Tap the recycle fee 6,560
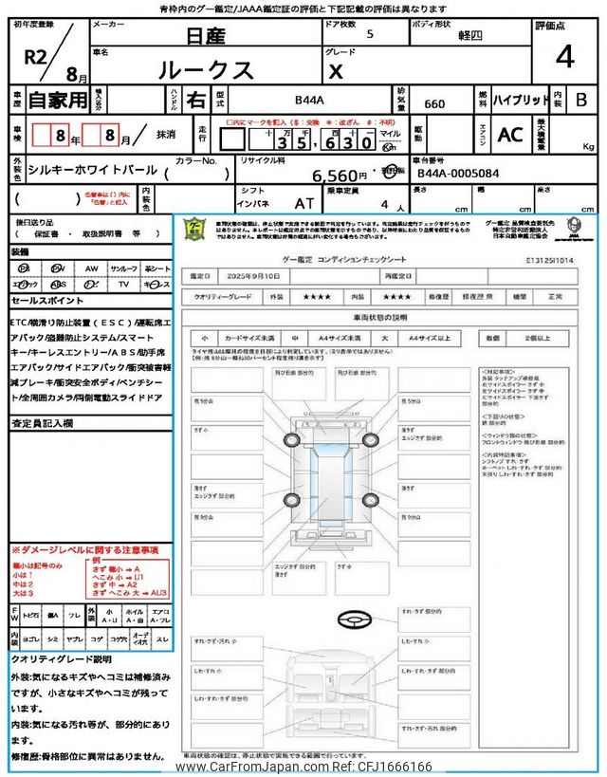(x=339, y=176)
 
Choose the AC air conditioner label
(x=509, y=135)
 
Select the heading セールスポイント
(x=47, y=300)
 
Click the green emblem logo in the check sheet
(x=193, y=229)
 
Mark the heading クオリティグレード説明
(x=62, y=658)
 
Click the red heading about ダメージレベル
(x=84, y=549)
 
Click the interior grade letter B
(x=581, y=100)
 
